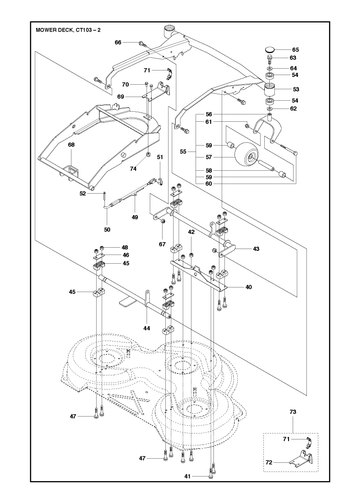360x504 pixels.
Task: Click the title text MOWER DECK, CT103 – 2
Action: point(68,30)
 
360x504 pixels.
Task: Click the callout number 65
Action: point(295,50)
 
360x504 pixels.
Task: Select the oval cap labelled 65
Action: point(270,50)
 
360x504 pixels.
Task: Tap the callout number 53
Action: point(295,89)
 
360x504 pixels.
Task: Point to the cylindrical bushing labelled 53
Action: point(271,89)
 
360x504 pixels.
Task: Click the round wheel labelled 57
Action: point(247,155)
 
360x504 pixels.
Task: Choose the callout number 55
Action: point(183,152)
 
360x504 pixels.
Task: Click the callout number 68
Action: point(71,145)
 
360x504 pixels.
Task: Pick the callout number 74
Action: point(133,169)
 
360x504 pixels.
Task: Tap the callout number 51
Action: point(160,157)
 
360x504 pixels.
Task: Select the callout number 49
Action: point(135,217)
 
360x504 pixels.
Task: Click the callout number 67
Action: point(162,244)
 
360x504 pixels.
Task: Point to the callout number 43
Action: point(256,249)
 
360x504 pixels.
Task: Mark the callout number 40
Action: point(248,287)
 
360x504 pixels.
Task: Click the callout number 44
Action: point(147,328)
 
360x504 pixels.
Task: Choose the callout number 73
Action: point(292,412)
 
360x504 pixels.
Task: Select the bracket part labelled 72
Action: point(301,459)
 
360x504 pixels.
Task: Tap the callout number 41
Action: point(187,477)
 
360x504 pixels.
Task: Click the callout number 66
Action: point(118,42)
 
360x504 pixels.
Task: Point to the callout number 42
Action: point(191,232)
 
